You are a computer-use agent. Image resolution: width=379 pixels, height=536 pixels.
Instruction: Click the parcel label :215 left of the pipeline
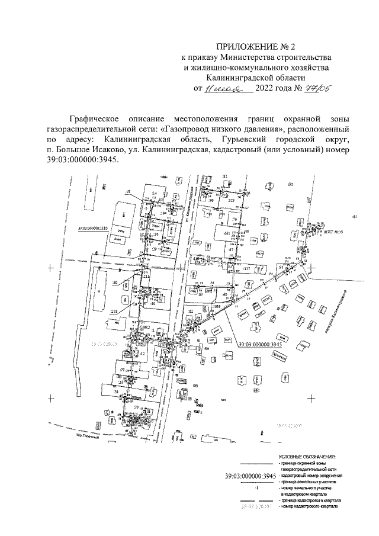[113, 310]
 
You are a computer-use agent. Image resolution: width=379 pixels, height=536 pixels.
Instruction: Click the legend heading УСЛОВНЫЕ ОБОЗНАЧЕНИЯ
[307, 457]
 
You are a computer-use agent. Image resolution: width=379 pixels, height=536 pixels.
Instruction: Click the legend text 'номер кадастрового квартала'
[310, 508]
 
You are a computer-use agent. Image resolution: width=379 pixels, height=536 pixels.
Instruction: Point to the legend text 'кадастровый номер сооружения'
[311, 476]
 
